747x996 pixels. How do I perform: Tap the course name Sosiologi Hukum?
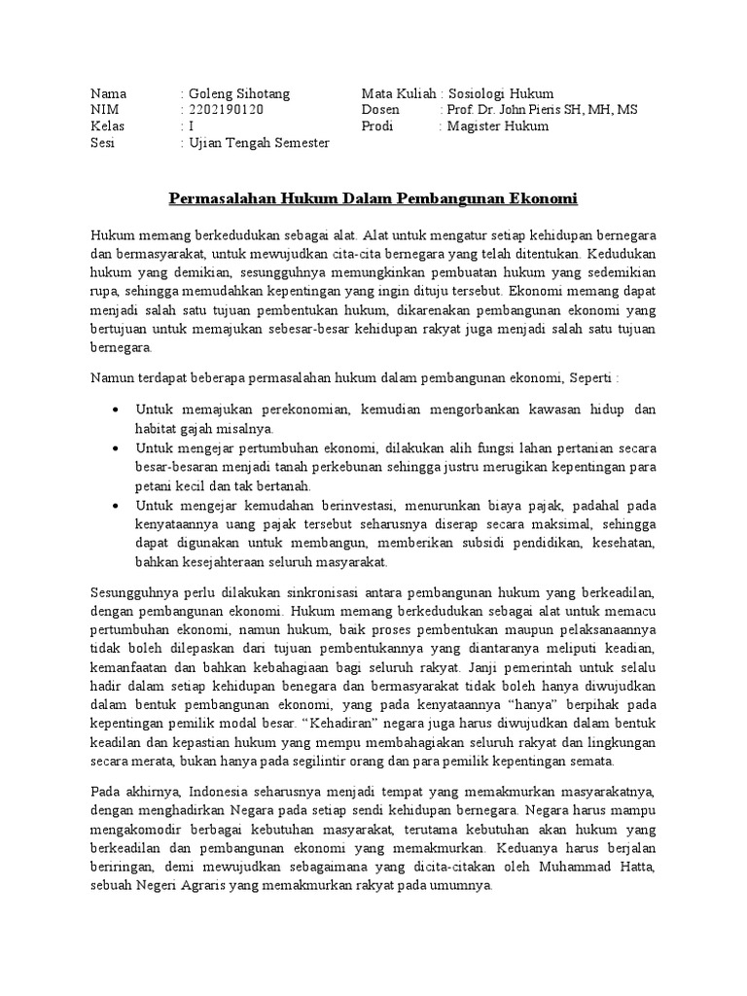501,93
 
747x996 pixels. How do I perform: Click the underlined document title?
373,199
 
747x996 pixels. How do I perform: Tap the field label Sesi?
101,143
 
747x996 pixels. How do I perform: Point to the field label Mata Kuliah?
396,93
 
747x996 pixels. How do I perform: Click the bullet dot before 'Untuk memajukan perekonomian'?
116,410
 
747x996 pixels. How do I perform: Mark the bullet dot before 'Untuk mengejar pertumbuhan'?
116,448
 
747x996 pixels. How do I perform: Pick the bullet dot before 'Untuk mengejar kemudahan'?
116,506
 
